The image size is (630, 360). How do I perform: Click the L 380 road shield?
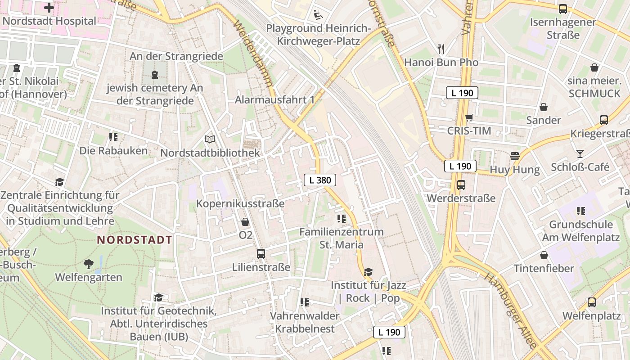click(320, 180)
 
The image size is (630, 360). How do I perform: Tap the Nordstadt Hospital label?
click(49, 21)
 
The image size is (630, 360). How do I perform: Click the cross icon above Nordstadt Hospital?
click(49, 7)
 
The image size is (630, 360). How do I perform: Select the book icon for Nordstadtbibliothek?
click(210, 139)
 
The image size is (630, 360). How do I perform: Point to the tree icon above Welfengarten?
click(88, 264)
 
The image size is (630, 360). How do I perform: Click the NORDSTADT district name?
click(135, 240)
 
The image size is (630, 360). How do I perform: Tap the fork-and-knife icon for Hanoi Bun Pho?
click(441, 49)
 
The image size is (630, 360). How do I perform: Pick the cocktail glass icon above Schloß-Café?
click(580, 153)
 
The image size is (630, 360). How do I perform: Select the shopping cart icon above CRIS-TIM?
click(469, 118)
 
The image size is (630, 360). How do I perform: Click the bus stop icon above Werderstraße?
click(461, 185)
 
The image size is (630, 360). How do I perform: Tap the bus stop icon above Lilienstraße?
click(261, 254)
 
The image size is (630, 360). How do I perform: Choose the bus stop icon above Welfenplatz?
click(591, 302)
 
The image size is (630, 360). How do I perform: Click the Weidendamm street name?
click(253, 53)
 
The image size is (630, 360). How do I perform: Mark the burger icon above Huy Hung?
click(515, 156)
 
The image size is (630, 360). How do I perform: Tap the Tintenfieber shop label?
click(544, 269)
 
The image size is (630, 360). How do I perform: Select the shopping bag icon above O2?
click(245, 222)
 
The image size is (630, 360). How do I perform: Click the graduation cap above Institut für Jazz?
click(369, 272)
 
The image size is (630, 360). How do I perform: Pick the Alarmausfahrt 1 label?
click(274, 99)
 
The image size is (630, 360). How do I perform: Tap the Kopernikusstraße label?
click(240, 203)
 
